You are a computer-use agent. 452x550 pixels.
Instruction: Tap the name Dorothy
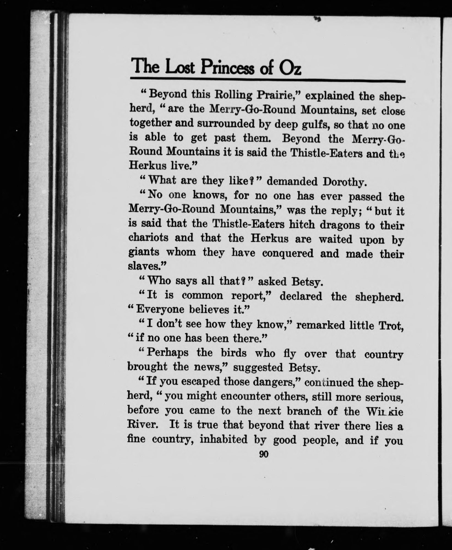[344, 182]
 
